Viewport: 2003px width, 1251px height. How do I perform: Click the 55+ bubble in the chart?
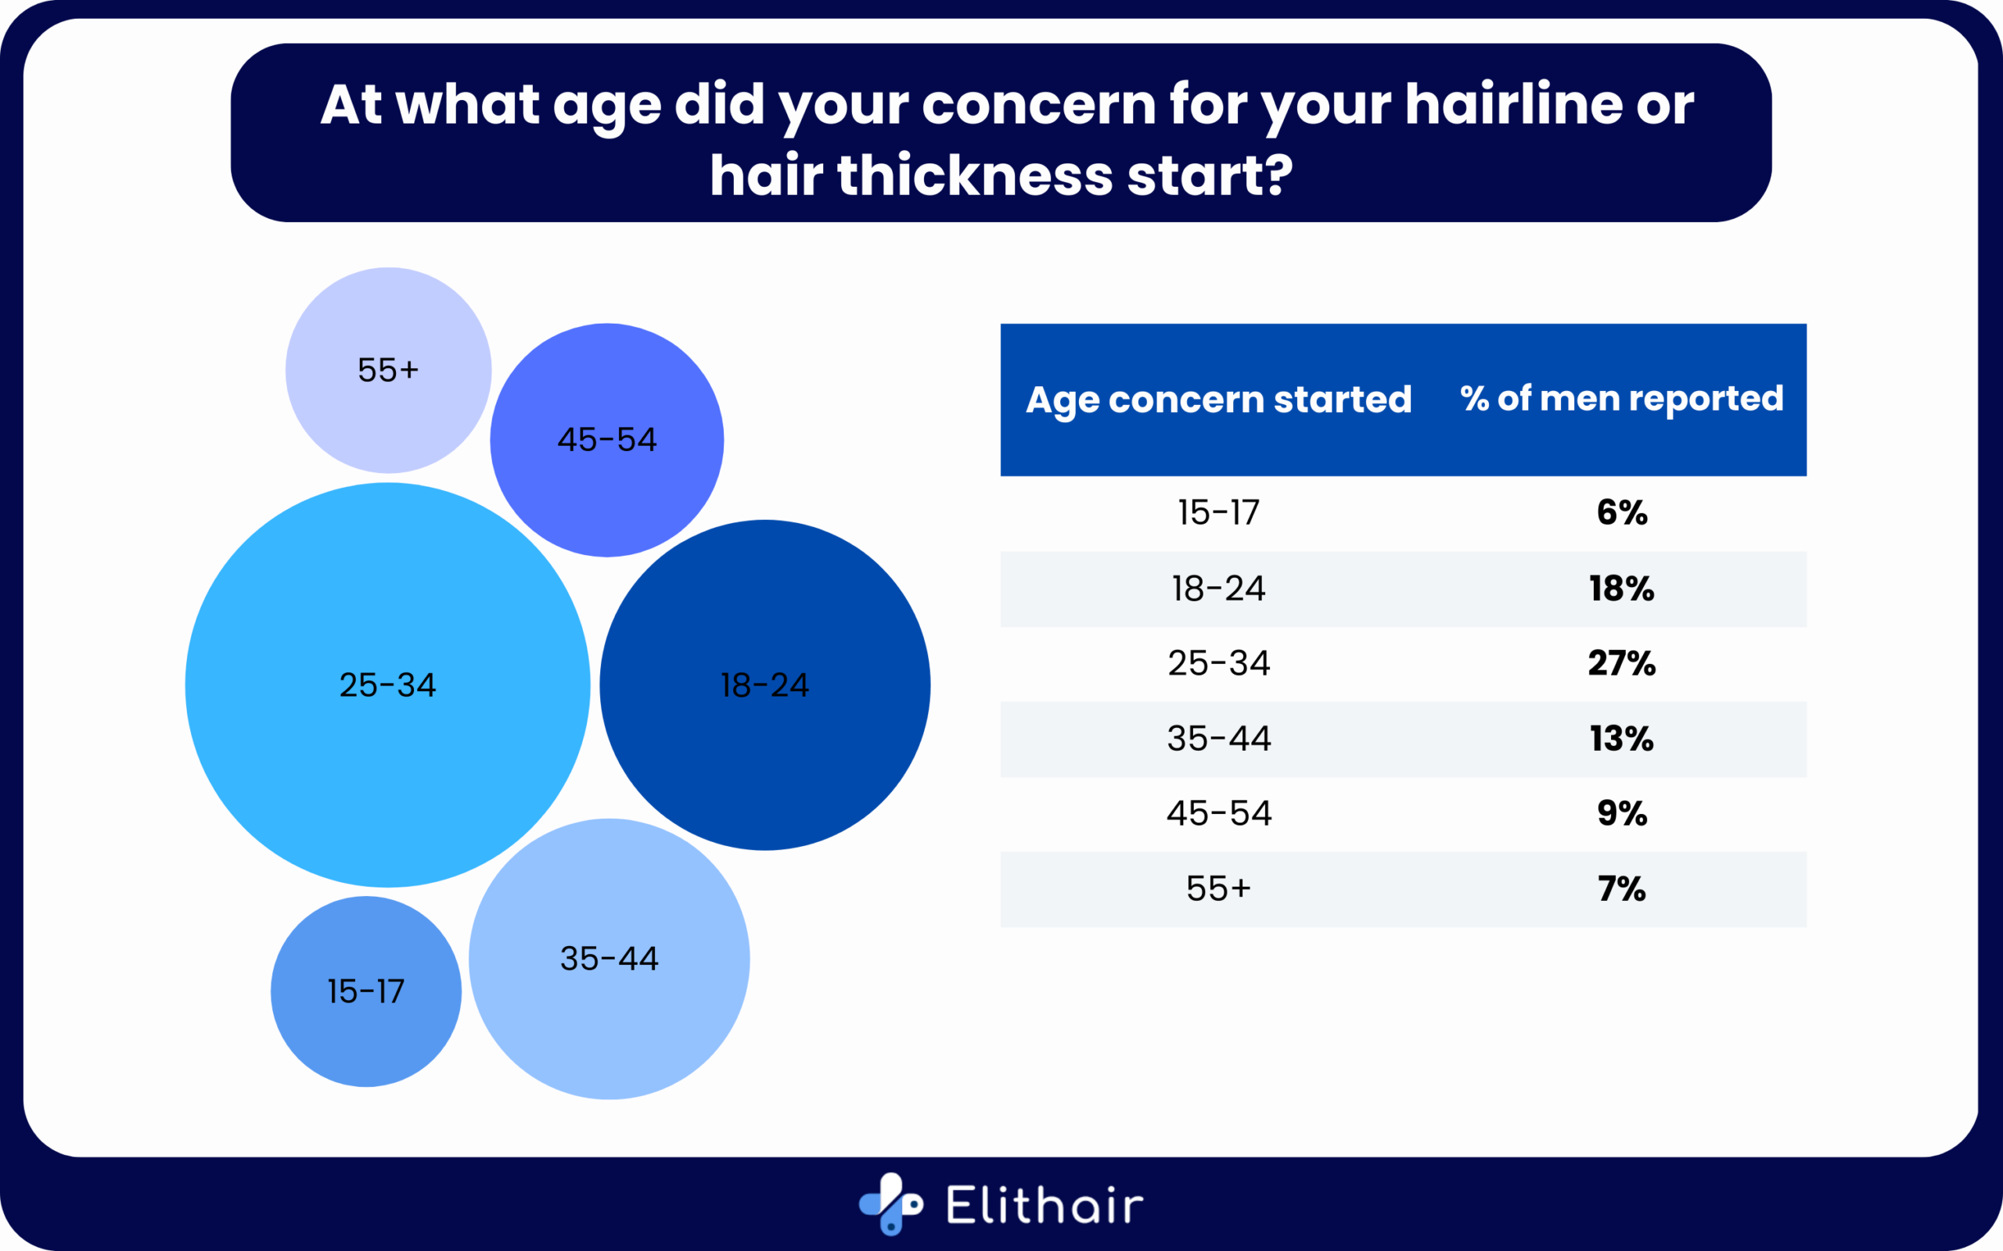point(388,370)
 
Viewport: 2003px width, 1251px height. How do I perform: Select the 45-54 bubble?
point(606,440)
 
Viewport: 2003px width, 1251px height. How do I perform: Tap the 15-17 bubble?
point(366,991)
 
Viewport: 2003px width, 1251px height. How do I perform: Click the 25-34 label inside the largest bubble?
point(387,685)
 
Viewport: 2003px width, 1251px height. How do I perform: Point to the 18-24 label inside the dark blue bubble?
point(764,685)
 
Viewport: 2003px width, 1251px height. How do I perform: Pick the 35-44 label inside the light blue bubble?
point(610,959)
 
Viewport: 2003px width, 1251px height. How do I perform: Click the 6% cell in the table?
point(1621,513)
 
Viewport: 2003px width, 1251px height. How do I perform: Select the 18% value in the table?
point(1621,589)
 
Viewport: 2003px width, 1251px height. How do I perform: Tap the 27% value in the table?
point(1621,664)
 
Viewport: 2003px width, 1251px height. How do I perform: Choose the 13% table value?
point(1621,739)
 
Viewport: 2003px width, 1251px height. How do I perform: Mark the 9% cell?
point(1621,813)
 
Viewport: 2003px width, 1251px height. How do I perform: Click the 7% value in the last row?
point(1621,889)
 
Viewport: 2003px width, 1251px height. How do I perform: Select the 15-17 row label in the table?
point(1218,513)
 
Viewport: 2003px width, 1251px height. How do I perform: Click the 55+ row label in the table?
point(1218,889)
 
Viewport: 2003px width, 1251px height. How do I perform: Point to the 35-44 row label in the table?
point(1218,739)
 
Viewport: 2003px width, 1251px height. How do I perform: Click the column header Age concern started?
point(1218,400)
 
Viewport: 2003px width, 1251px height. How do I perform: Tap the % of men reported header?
point(1621,399)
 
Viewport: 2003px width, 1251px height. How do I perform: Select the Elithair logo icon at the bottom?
point(890,1204)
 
